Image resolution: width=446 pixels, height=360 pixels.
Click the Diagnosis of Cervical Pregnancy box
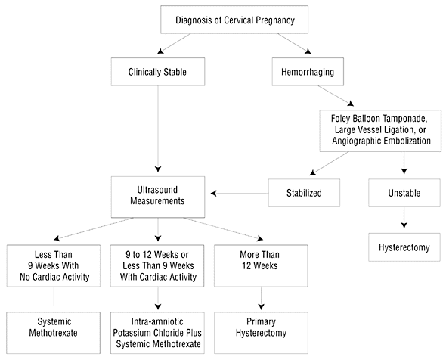[x=234, y=20]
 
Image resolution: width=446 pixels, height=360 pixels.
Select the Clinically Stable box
[x=158, y=72]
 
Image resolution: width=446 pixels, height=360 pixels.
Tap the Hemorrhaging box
[x=308, y=72]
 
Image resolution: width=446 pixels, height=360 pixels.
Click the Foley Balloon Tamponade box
[x=380, y=131]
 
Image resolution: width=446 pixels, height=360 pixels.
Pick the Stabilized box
[x=304, y=193]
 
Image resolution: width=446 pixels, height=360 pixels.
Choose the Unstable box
[x=404, y=193]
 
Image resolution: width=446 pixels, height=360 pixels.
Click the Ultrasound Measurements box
[x=158, y=197]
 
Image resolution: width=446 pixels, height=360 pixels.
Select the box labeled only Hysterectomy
[x=404, y=247]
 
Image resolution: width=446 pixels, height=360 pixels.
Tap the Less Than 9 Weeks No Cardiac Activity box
[x=54, y=265]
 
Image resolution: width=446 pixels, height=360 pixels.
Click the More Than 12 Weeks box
[x=261, y=265]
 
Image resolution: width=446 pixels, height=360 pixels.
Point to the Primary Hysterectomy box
[x=261, y=333]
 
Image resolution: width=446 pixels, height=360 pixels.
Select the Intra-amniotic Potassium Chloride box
[x=157, y=333]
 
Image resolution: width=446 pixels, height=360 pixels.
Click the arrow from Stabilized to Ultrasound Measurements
[x=240, y=194]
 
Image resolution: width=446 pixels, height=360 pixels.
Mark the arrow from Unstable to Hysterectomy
[x=404, y=217]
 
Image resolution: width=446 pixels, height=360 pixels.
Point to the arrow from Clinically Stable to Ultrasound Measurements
[x=158, y=129]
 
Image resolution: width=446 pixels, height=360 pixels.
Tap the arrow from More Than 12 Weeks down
[x=261, y=298]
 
